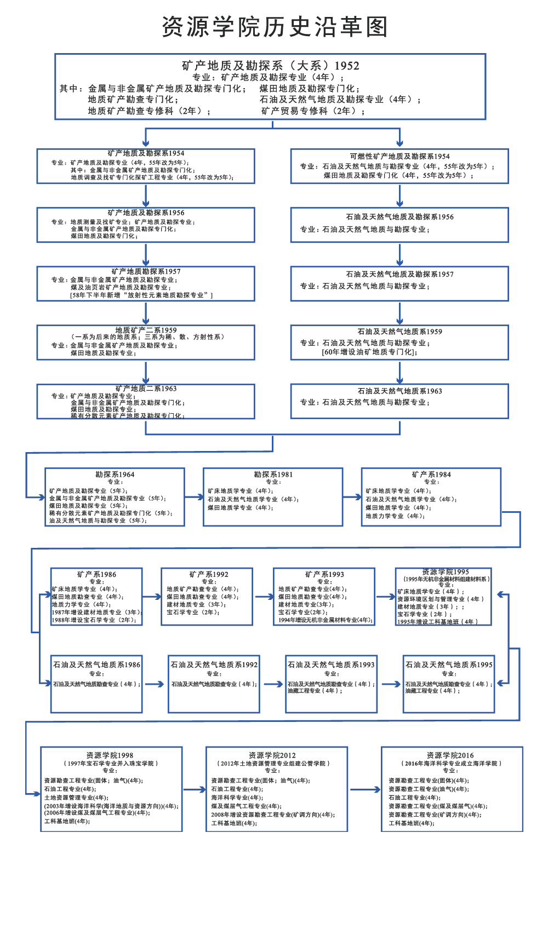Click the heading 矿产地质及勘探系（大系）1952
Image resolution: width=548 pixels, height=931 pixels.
tap(271, 66)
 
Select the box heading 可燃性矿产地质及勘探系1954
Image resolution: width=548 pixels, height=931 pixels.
tap(399, 157)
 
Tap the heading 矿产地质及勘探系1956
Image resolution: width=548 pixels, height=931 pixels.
tap(146, 212)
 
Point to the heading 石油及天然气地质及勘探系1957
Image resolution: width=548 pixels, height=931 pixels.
tap(399, 274)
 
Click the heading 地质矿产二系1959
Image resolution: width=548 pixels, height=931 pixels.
tap(146, 330)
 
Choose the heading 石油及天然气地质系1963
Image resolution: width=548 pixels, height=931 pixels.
tap(399, 391)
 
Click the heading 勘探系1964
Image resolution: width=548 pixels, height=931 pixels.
tap(115, 475)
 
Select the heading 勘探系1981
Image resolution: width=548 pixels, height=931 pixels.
tap(273, 475)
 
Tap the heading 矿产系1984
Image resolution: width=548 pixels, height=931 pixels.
tap(431, 475)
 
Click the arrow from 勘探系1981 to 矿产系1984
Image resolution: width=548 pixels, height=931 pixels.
tap(352, 497)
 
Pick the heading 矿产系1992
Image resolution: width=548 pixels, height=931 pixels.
tap(209, 574)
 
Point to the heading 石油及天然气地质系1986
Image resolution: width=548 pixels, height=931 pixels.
tap(96, 664)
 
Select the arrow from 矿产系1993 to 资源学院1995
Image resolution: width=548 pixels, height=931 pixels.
tap(385, 597)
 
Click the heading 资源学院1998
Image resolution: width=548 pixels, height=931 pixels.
tap(110, 755)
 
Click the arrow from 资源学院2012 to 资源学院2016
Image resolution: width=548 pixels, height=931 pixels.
tap(364, 790)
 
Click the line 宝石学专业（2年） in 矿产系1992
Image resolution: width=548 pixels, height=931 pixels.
tap(193, 612)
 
